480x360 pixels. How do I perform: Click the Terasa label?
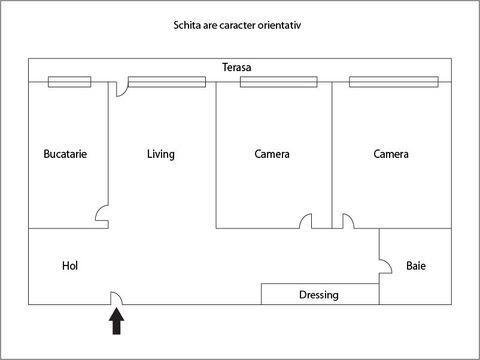click(x=236, y=68)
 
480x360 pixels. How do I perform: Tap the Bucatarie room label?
click(x=65, y=154)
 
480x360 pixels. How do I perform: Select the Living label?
click(x=161, y=154)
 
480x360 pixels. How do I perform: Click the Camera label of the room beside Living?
click(x=272, y=154)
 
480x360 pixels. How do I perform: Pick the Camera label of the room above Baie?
click(x=391, y=154)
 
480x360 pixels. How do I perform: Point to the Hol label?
click(x=70, y=266)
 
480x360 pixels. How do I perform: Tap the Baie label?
click(x=416, y=266)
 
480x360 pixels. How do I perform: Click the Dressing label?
click(x=318, y=295)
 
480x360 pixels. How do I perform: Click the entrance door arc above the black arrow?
click(x=116, y=298)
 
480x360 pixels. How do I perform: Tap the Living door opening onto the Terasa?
click(x=121, y=89)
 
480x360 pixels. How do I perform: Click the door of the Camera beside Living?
click(x=306, y=221)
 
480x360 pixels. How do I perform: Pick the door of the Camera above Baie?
click(x=348, y=221)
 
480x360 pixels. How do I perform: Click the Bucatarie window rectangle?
click(x=69, y=82)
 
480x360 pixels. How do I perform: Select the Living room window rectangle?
click(x=167, y=82)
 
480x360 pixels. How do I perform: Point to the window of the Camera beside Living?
click(x=278, y=82)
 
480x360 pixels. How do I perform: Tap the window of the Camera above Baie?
click(x=393, y=82)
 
